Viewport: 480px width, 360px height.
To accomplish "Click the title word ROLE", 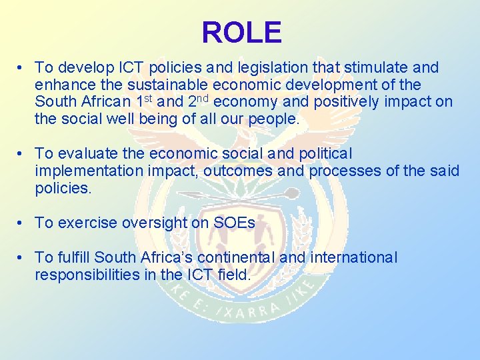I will pos(241,32).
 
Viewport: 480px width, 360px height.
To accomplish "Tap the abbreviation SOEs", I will pos(234,223).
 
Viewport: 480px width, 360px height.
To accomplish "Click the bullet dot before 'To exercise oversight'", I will pos(22,223).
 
